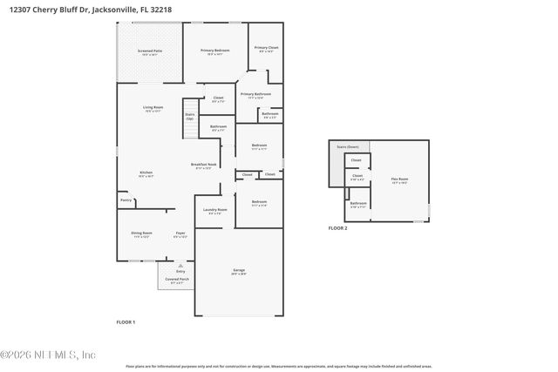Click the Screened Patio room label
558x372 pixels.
pos(149,52)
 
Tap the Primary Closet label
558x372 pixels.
pos(266,49)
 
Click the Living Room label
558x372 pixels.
pos(153,109)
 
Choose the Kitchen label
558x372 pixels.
pos(146,174)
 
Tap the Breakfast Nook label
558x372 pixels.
pos(205,166)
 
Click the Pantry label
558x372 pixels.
pos(126,200)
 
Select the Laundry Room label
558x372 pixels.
pos(214,211)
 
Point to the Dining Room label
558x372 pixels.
pos(141,234)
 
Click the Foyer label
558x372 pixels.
pos(180,234)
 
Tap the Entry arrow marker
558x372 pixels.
pos(180,266)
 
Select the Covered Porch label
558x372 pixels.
pos(178,281)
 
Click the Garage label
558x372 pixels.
pos(238,272)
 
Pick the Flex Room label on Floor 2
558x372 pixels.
pos(399,180)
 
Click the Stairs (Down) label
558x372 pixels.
pos(348,146)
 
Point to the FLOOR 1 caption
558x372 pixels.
pos(126,321)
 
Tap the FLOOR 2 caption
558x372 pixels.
pos(337,227)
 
